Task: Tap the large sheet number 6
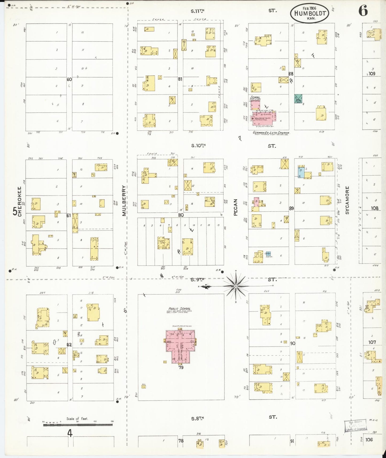[x=363, y=11]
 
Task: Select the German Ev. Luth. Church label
[x=271, y=133]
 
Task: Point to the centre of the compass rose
[x=236, y=286]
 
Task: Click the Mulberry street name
[x=124, y=201]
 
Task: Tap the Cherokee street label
[x=20, y=201]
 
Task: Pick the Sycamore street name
[x=347, y=200]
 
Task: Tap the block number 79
[x=181, y=367]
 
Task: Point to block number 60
[x=69, y=79]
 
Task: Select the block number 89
[x=291, y=208]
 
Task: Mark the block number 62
[x=69, y=345]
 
